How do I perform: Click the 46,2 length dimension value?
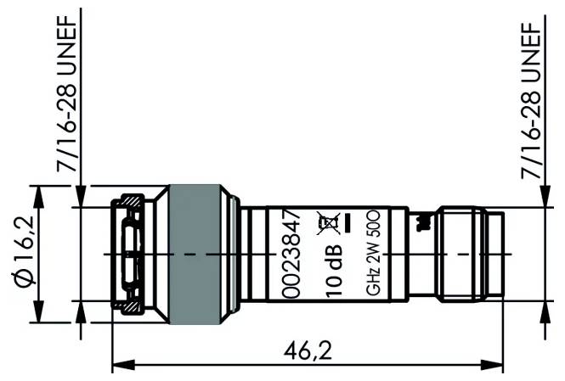pos(308,349)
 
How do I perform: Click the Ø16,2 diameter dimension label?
pos(24,254)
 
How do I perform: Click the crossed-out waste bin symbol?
pos(325,221)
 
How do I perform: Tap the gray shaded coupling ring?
pos(196,255)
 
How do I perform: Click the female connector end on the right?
pos(467,255)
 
